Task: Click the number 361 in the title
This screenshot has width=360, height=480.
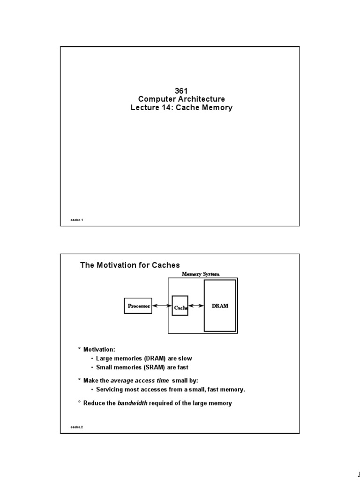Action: coord(181,90)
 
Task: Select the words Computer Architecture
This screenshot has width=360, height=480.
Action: coord(181,99)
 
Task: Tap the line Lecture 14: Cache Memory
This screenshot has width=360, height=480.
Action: coord(181,107)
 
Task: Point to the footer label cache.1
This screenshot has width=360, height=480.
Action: coord(77,220)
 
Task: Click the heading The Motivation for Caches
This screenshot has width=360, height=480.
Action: coord(130,265)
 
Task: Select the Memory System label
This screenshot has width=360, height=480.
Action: coord(201,274)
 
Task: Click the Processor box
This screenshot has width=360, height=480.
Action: coord(138,306)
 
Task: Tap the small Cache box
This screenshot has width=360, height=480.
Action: coord(180,306)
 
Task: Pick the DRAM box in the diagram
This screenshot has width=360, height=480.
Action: coord(220,305)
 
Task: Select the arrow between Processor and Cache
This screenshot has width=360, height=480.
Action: coord(162,306)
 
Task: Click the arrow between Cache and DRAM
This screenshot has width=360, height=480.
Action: coord(196,306)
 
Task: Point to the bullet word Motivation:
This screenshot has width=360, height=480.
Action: coord(99,350)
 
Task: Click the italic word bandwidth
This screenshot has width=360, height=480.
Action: coord(132,403)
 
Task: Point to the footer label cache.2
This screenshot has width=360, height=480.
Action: coord(77,427)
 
